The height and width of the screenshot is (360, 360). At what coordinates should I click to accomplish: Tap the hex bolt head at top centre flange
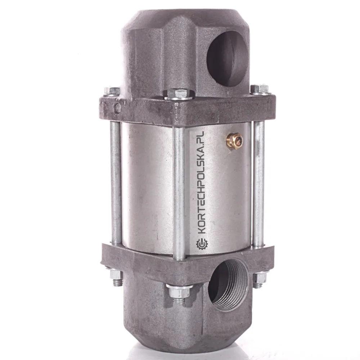coord(179,94)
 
